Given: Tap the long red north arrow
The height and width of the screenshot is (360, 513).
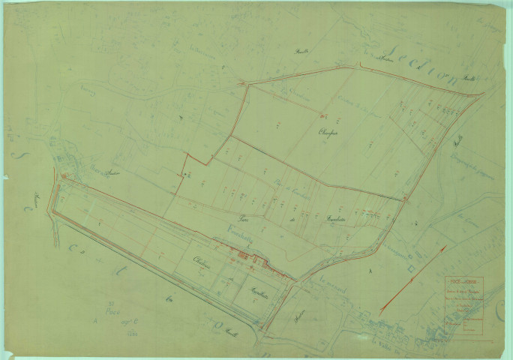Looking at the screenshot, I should (412, 277).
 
